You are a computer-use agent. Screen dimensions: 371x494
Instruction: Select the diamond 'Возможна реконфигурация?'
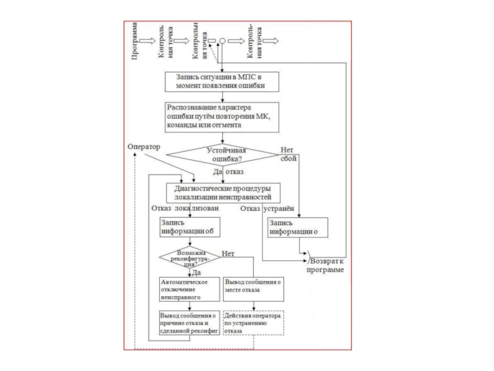(190, 257)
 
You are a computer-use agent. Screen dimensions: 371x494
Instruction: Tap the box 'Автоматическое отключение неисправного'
(187, 289)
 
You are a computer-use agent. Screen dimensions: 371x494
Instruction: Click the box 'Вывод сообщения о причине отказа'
(187, 323)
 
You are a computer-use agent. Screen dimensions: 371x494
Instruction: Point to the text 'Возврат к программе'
(327, 265)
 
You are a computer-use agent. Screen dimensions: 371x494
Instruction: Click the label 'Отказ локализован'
(185, 209)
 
